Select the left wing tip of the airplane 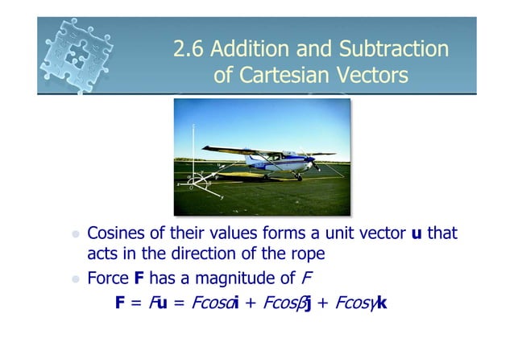(x=206, y=148)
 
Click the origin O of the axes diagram (x=194, y=182)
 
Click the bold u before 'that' (x=417, y=233)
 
